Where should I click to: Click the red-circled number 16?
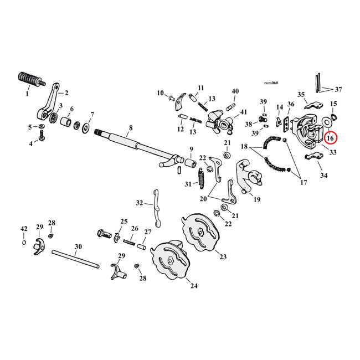point(330,138)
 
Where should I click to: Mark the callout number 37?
point(338,89)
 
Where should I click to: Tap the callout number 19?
point(257,199)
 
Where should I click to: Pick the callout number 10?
point(160,92)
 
